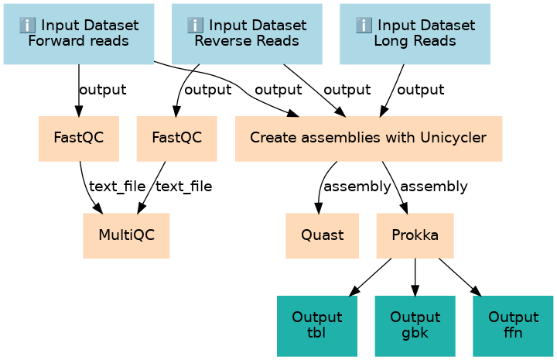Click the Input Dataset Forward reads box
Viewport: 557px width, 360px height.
tap(78, 34)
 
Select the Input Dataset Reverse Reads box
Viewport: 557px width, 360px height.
tap(247, 34)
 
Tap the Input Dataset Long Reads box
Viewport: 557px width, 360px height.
tap(415, 34)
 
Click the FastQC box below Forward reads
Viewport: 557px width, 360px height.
tap(79, 139)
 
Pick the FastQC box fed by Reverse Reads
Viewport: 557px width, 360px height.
tap(177, 139)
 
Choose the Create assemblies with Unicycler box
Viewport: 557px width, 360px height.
tap(368, 139)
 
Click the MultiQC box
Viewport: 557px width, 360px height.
tap(126, 235)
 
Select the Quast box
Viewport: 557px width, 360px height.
tap(322, 235)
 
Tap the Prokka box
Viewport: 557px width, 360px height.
tap(415, 235)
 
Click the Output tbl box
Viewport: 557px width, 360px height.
tap(317, 326)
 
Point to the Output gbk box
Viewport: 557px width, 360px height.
tap(415, 326)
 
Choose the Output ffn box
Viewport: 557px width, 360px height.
tap(513, 326)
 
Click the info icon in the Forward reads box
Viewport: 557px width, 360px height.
tap(27, 26)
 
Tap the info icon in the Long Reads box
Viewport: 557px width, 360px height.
tap(364, 26)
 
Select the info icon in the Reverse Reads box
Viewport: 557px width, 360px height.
tap(196, 26)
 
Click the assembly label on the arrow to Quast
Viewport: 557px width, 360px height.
tap(357, 187)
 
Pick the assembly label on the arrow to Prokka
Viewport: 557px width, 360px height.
tap(434, 187)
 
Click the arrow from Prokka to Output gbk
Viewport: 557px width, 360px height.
tap(415, 277)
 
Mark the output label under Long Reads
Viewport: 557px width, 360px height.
tap(420, 90)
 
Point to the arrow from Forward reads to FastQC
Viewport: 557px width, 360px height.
tap(78, 91)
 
